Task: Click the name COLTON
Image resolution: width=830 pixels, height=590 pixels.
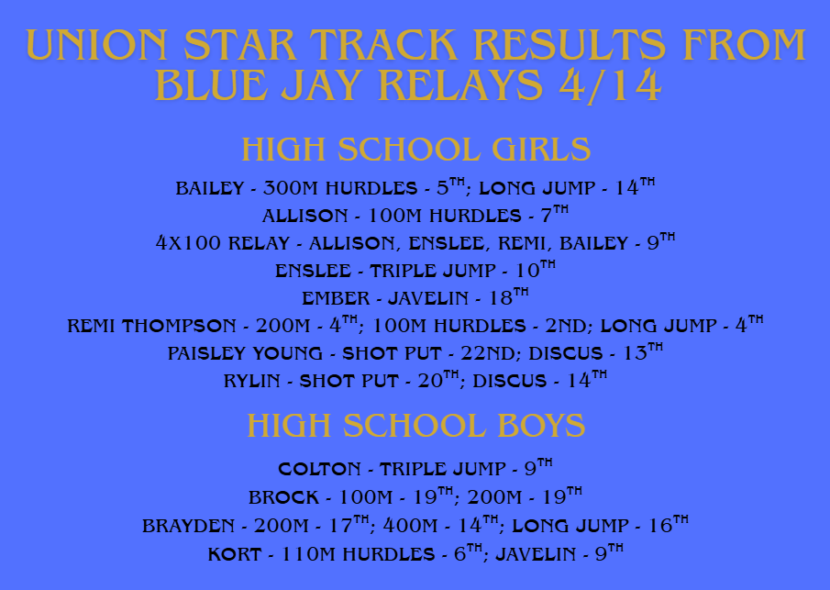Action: tap(319, 469)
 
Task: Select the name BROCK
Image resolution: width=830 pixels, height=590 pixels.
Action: tap(283, 498)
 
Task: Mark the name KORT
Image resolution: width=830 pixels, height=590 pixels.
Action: tap(235, 554)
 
